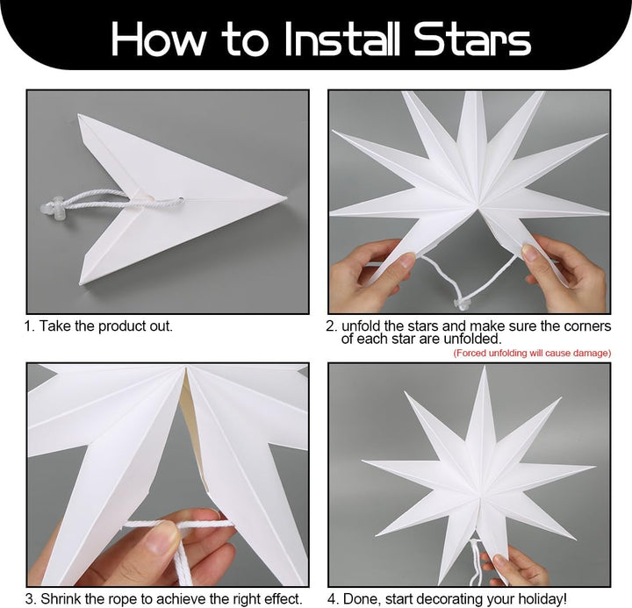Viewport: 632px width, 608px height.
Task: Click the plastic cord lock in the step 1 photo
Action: pos(52,210)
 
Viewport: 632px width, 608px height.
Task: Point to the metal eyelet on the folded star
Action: pos(180,199)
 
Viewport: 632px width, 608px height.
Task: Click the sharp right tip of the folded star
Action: pos(286,197)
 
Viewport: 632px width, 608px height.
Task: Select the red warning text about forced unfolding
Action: pos(532,354)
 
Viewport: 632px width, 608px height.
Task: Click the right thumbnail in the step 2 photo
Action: pos(528,252)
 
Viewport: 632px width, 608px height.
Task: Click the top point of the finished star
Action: pos(484,368)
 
